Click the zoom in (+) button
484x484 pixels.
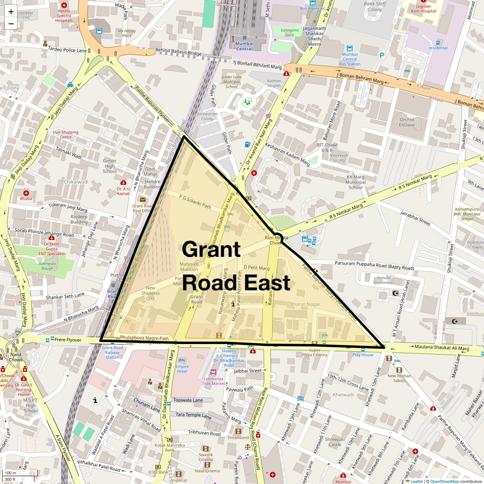click(11, 12)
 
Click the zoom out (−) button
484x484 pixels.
click(11, 23)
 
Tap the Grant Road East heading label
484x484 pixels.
click(236, 266)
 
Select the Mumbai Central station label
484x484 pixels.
click(244, 46)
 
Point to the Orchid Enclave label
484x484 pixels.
click(407, 122)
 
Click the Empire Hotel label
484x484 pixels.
click(181, 368)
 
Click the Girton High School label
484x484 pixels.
click(110, 166)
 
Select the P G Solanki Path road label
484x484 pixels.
click(195, 202)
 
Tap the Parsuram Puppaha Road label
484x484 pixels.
click(374, 265)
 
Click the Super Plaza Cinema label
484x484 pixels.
click(315, 353)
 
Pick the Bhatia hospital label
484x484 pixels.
click(26, 198)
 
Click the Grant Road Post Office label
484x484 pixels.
click(142, 208)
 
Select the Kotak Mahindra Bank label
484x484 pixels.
click(169, 447)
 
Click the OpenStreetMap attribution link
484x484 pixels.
click(444, 481)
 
